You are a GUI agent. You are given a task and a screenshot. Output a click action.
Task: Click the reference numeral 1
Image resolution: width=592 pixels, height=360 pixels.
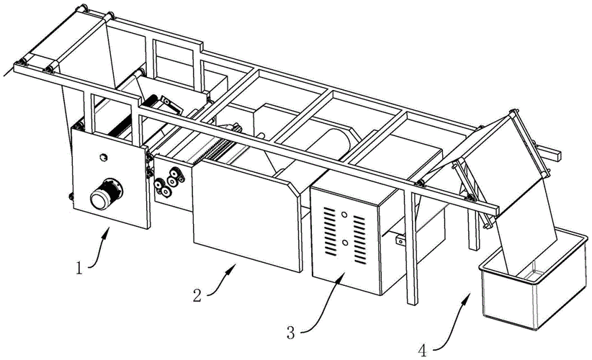click(x=81, y=270)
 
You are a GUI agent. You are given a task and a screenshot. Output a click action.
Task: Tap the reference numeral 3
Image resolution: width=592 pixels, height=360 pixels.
click(x=291, y=333)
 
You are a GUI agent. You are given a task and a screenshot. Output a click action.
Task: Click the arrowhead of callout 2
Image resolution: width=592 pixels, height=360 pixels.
click(x=236, y=264)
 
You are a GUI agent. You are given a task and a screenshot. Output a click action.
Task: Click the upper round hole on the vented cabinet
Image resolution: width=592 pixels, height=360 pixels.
click(x=346, y=214)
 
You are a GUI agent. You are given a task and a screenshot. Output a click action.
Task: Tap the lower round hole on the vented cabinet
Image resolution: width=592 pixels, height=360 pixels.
click(x=344, y=242)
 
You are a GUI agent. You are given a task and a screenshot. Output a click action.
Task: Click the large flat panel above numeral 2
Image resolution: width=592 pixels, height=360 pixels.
click(x=245, y=214)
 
